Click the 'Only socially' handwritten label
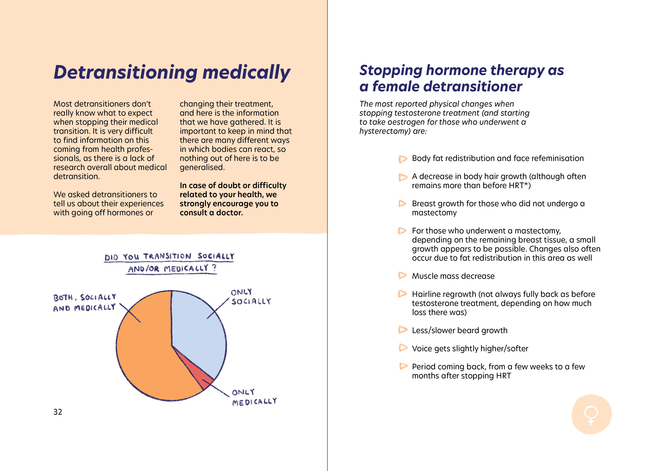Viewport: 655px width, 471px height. [251, 297]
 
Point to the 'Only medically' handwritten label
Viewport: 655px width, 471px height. [254, 397]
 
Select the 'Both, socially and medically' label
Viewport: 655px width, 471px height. [84, 303]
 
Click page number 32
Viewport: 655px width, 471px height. [58, 412]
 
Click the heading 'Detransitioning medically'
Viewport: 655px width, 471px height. [172, 72]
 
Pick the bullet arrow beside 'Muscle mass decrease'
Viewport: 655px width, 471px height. [402, 275]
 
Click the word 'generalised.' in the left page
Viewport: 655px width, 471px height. [202, 167]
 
